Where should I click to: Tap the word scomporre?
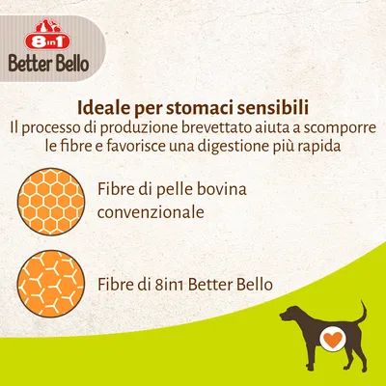[x=332, y=126]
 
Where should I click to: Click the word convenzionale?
[x=151, y=211]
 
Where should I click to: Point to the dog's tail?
[x=361, y=311]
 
